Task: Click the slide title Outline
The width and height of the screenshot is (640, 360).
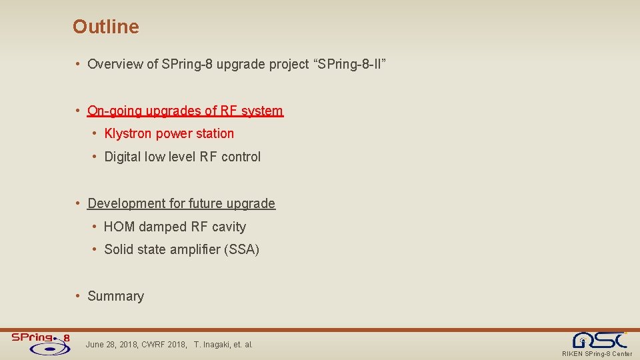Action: click(106, 27)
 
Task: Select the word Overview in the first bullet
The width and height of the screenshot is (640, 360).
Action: click(115, 65)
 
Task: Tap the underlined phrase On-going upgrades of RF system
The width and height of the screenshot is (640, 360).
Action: click(185, 111)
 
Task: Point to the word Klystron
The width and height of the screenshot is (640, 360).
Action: click(128, 134)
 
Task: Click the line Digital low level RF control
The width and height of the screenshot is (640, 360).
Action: click(182, 157)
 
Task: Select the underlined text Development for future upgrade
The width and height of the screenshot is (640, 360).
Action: click(181, 203)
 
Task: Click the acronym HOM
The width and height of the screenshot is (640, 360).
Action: click(119, 227)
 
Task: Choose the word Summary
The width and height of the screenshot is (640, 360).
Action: click(115, 296)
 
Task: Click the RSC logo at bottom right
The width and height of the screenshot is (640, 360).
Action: click(602, 339)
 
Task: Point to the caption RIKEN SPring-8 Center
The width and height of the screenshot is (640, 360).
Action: click(597, 354)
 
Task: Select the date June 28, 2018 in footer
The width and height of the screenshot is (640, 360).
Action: click(111, 345)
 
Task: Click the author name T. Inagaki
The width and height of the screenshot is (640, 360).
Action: click(213, 345)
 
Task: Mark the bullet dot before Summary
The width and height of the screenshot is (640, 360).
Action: click(79, 296)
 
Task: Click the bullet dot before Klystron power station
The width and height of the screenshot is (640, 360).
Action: click(96, 134)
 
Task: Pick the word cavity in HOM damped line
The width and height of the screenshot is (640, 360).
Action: click(229, 227)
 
